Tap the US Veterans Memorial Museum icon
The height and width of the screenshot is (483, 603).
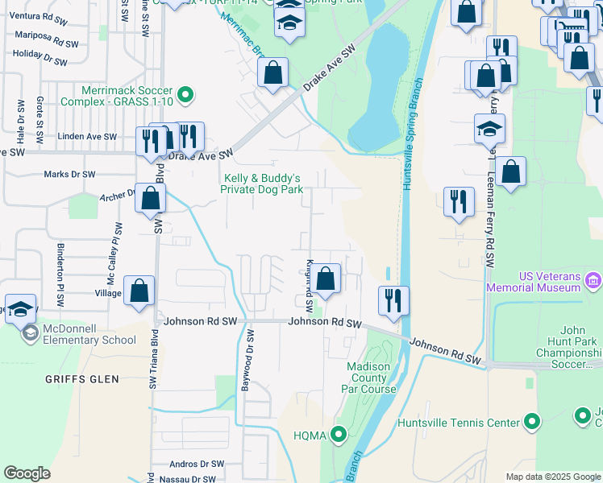[593, 281]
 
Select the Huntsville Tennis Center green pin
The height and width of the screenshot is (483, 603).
[532, 422]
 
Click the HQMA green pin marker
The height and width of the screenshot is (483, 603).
[339, 436]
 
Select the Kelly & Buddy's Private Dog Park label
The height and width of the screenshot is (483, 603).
[263, 184]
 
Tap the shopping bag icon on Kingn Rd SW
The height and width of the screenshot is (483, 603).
[326, 279]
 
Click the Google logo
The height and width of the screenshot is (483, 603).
[27, 473]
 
